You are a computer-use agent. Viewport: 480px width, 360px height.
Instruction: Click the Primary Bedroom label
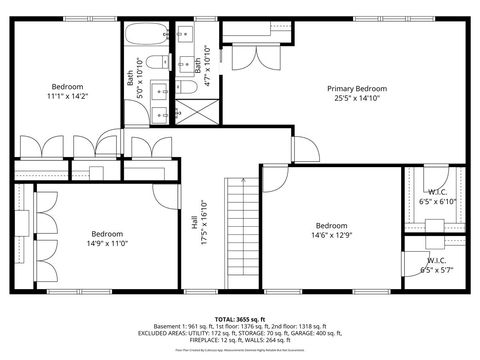pyautogui.click(x=358, y=88)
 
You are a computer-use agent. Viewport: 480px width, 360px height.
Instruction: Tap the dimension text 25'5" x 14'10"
pyautogui.click(x=358, y=98)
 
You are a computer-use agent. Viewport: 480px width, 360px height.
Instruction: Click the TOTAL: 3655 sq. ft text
pyautogui.click(x=239, y=315)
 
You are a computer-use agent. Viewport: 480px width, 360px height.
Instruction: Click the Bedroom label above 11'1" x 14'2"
pyautogui.click(x=67, y=86)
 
